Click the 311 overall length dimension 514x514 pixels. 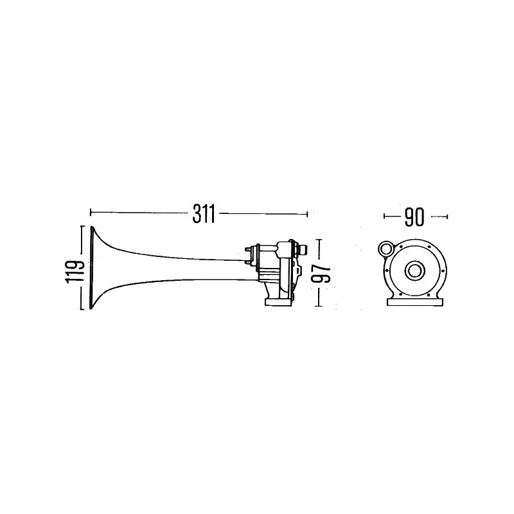tap(204, 213)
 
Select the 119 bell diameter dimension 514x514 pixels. tap(76, 269)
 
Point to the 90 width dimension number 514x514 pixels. tap(414, 217)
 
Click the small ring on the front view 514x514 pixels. tap(387, 248)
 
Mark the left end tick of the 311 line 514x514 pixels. tap(91, 212)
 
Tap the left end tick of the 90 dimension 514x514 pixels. tap(384, 217)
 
